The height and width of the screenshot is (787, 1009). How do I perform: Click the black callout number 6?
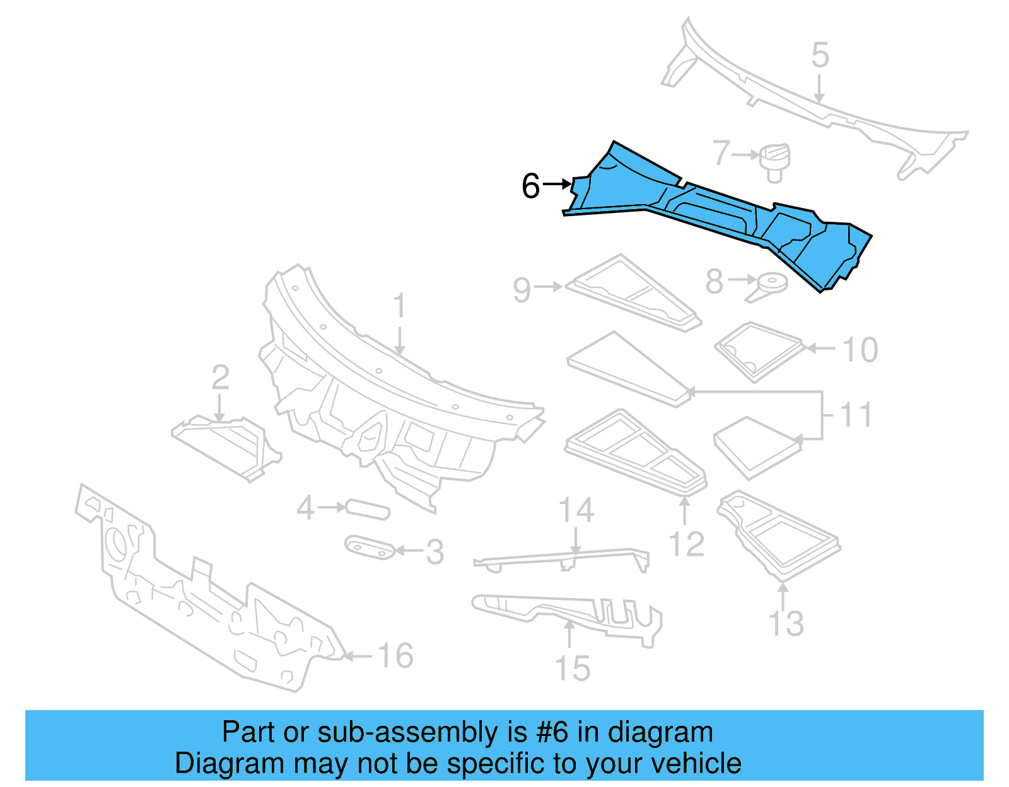coord(530,187)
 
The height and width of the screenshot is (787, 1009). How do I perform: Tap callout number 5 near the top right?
coord(820,55)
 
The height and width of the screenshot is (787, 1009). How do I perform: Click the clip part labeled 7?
coord(775,162)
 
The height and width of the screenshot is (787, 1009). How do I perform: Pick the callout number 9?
coord(522,290)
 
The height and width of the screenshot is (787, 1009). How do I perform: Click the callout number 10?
coord(860,350)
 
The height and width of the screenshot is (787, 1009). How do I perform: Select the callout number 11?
coord(856,415)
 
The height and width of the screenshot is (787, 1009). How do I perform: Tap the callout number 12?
coord(686,544)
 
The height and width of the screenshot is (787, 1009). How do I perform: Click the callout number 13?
coord(786,624)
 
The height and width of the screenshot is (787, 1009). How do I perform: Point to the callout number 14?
coord(576,510)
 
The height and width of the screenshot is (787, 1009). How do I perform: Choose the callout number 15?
coord(573,669)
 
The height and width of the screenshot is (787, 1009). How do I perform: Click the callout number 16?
coord(395,656)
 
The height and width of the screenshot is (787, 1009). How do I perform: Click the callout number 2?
coord(220,377)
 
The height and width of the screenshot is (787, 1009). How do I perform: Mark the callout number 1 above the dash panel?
coord(399,306)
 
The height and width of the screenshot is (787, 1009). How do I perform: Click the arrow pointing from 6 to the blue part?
coord(557,184)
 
